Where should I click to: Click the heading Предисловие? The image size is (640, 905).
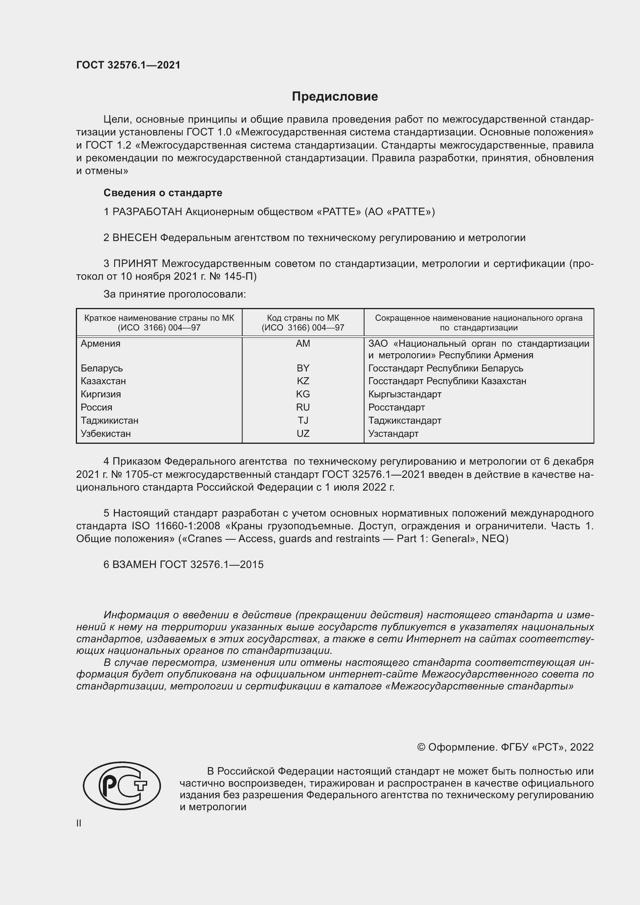335,97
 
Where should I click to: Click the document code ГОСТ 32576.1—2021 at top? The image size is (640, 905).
128,65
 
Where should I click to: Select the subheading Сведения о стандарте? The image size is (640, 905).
163,193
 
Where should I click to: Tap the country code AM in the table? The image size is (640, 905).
303,343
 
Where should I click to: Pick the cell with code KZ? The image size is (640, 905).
303,381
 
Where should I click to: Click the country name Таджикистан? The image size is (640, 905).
110,420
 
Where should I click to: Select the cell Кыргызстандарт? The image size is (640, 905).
405,394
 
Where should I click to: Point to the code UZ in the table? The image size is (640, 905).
303,434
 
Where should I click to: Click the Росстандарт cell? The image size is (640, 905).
397,407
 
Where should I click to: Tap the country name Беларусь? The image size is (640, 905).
102,368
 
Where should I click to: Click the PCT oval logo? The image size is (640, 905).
122,786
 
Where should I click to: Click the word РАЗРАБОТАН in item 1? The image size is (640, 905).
147,212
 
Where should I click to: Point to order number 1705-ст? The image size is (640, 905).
142,475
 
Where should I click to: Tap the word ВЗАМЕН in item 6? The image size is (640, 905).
134,565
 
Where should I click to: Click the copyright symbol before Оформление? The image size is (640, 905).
421,748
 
